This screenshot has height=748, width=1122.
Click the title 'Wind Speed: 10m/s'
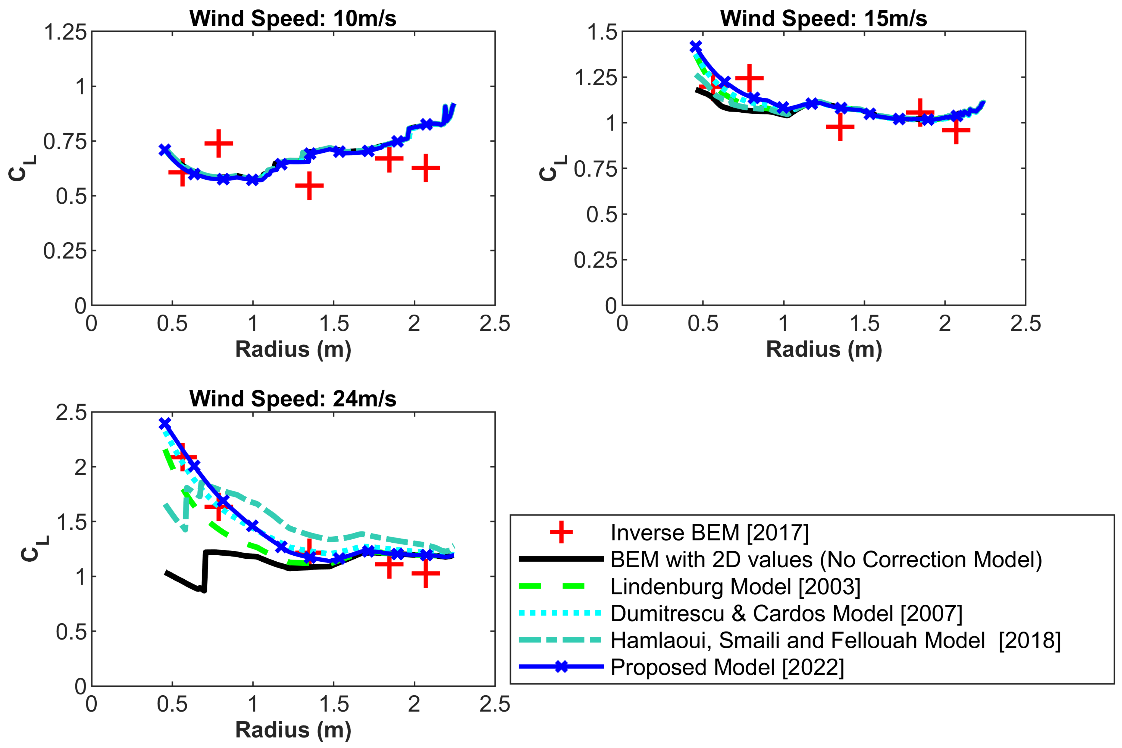tap(292, 18)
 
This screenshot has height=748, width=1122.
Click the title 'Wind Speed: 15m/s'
tap(823, 18)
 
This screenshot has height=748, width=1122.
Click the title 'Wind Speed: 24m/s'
tap(292, 398)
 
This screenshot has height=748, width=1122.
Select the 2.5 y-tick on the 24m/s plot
tap(71, 413)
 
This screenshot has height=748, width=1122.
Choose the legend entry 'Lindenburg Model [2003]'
tap(735, 586)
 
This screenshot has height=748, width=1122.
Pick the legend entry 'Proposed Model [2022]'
tap(727, 667)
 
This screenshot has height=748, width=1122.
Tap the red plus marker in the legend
tap(561, 532)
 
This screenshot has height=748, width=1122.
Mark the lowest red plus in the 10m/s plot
tap(309, 185)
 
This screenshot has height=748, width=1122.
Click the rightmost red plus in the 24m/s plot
tap(425, 573)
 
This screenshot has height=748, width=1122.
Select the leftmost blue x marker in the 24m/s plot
tap(165, 423)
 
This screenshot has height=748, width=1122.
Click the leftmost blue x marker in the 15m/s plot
tap(696, 47)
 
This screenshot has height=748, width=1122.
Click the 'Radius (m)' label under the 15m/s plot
tap(823, 349)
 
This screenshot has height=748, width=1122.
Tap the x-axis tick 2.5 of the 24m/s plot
tap(494, 704)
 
